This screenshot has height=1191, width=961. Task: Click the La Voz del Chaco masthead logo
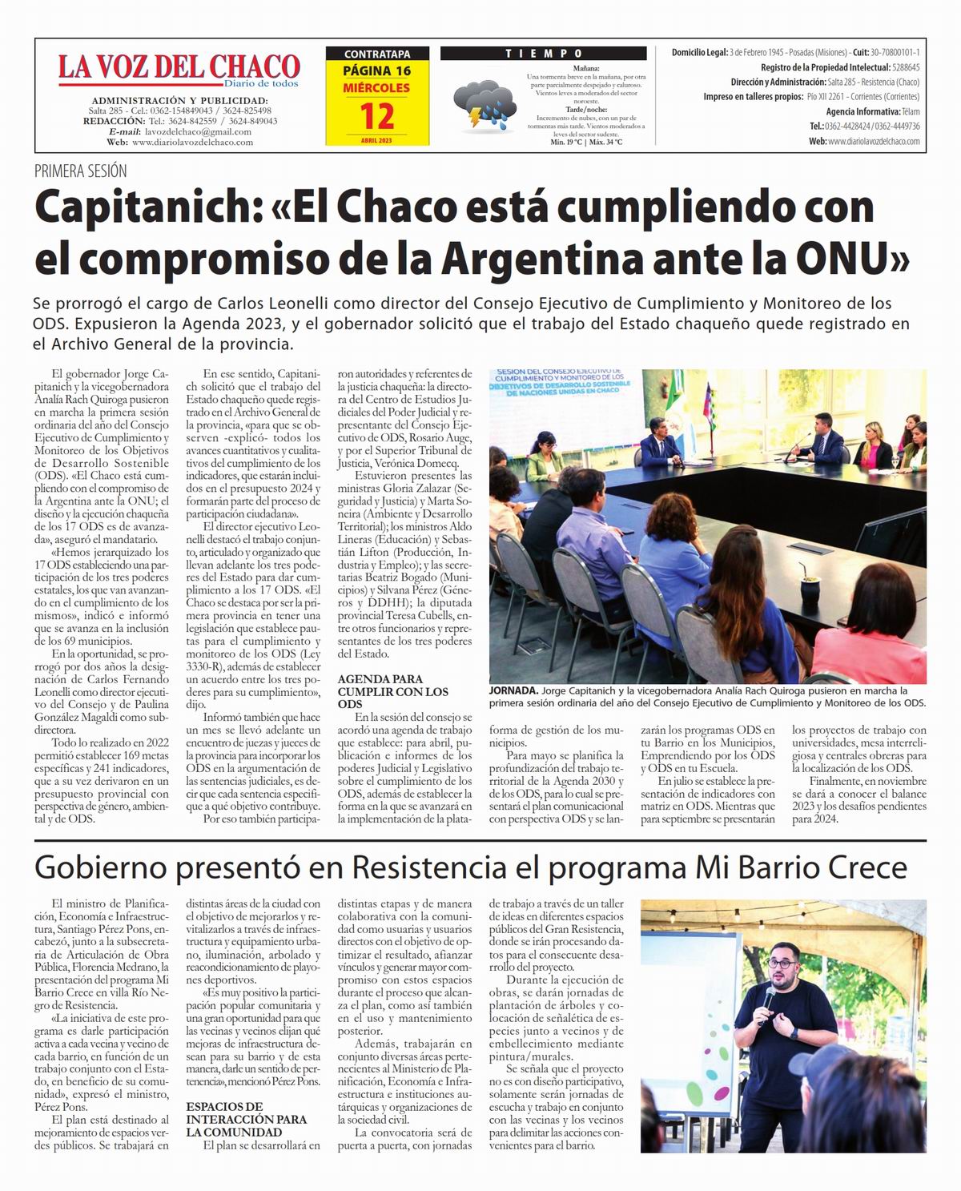coord(179,68)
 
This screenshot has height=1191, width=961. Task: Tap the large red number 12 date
coord(376,117)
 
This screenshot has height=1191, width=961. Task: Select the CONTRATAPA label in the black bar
coord(376,54)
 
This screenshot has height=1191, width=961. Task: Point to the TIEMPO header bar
coord(543,54)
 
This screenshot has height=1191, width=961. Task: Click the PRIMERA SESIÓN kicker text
coord(80,171)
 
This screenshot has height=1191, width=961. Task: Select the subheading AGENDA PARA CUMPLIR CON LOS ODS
coord(393,691)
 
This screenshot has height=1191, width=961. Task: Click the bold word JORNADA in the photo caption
coord(513,690)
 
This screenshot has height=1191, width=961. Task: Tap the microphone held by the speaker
coord(770,996)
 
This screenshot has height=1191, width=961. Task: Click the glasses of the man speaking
coord(785,962)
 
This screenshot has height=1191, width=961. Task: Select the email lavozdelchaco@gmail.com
coord(199,131)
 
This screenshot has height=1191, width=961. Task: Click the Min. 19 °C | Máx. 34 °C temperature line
coord(586,142)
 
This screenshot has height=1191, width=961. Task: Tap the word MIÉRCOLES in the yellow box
coord(376,87)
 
